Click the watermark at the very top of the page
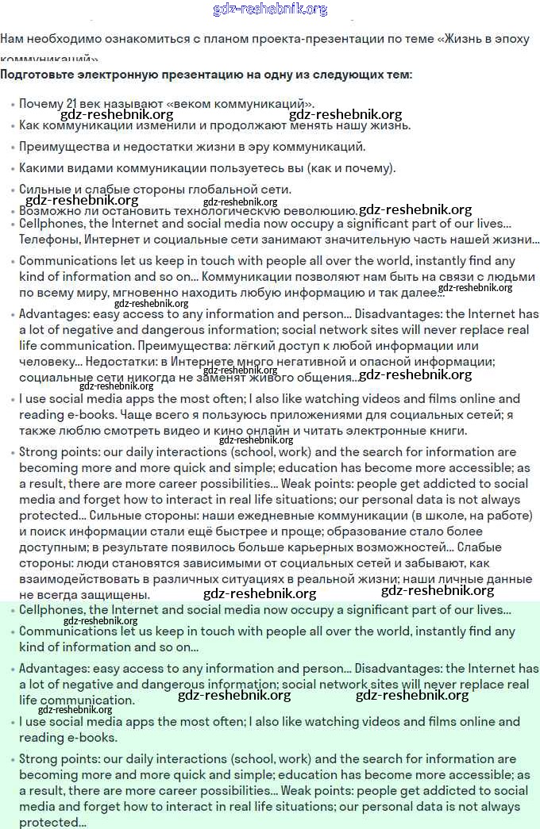click(270, 9)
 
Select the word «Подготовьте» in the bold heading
click(37, 75)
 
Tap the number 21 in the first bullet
click(71, 103)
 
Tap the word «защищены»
click(118, 595)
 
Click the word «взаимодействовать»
click(73, 579)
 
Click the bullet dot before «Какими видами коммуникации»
click(13, 169)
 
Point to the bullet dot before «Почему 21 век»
click(13, 105)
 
